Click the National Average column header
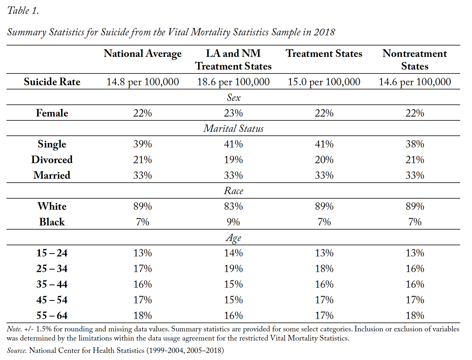[x=143, y=54]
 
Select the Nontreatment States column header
[x=415, y=60]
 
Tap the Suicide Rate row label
[x=52, y=82]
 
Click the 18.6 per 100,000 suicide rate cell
[x=233, y=82]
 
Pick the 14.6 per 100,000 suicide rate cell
[x=415, y=82]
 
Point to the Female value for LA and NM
[x=233, y=113]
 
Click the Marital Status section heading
[x=234, y=128]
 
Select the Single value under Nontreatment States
[x=415, y=144]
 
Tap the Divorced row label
[x=52, y=160]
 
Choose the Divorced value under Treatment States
[x=324, y=160]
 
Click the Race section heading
[x=234, y=191]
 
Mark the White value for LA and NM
[x=233, y=206]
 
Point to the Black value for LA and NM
[x=233, y=222]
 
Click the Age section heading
[x=234, y=238]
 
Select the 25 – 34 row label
[x=52, y=269]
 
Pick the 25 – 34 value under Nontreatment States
[x=415, y=269]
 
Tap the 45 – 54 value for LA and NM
[x=233, y=300]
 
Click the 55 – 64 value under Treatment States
[x=324, y=315]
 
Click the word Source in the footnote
[x=17, y=350]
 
